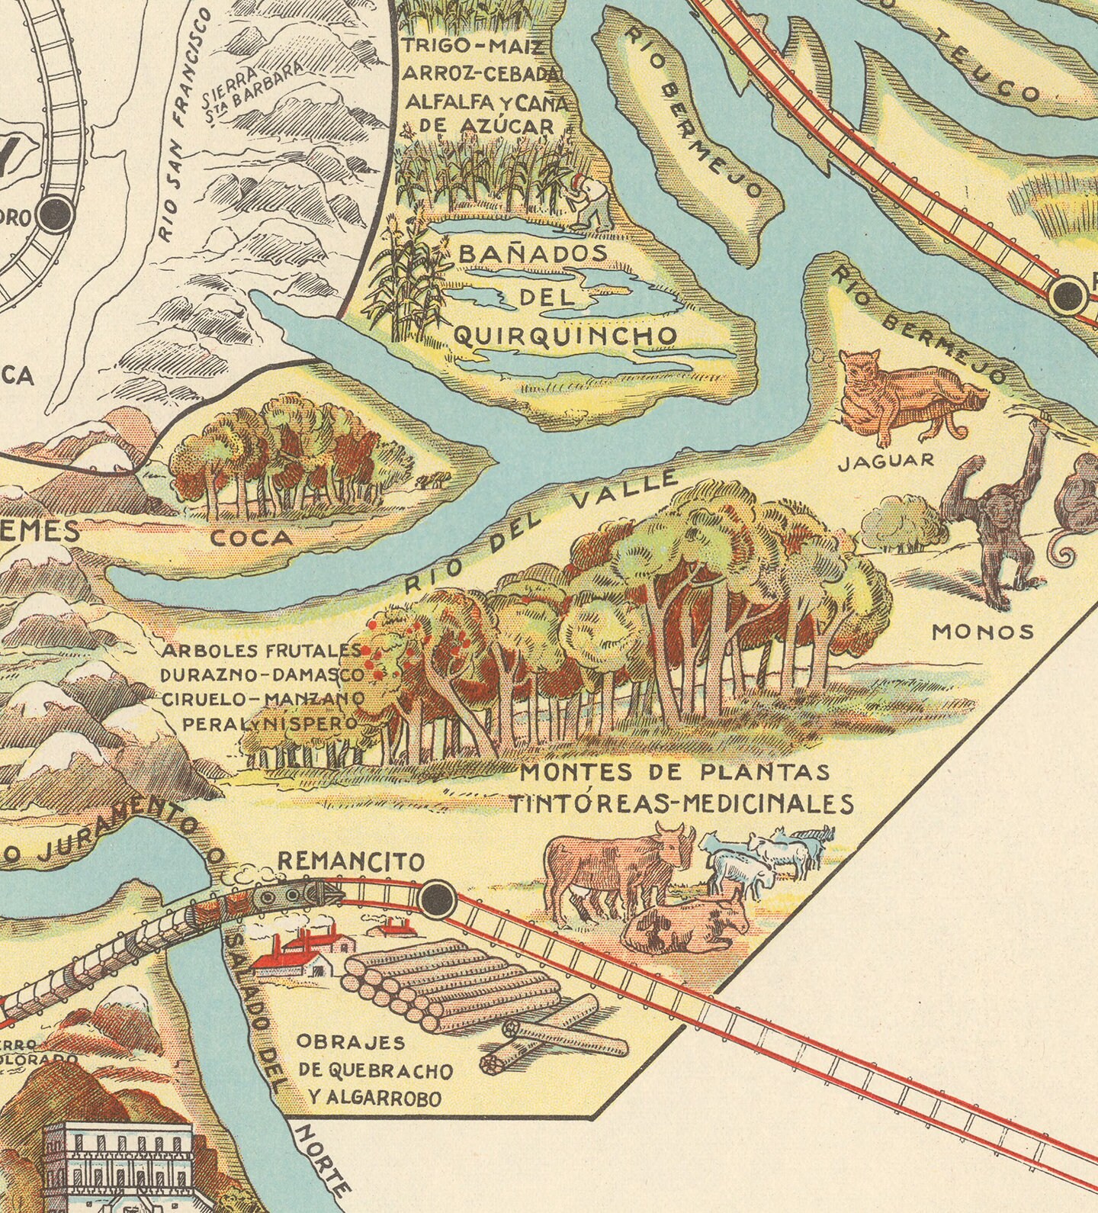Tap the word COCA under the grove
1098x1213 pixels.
(x=252, y=539)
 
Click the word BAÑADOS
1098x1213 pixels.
(x=533, y=254)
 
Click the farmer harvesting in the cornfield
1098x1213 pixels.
(x=592, y=202)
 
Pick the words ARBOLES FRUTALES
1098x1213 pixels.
(x=260, y=652)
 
